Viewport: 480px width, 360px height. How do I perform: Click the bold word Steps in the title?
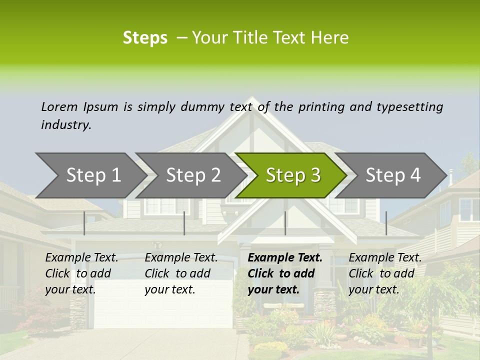[x=145, y=38]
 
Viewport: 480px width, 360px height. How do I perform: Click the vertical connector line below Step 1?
[x=84, y=223]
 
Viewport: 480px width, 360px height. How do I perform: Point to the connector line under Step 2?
[x=184, y=223]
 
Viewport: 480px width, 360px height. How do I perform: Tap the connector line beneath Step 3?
[x=285, y=223]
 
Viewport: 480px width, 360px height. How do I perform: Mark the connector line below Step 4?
[x=386, y=223]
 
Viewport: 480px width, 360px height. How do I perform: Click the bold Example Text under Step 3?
[x=285, y=258]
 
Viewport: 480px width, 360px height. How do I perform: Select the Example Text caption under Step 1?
[x=81, y=258]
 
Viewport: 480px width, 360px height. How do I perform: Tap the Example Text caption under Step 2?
[x=181, y=258]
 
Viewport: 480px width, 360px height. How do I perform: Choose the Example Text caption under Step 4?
[x=385, y=258]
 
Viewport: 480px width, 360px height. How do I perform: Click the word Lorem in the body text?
[x=59, y=107]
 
